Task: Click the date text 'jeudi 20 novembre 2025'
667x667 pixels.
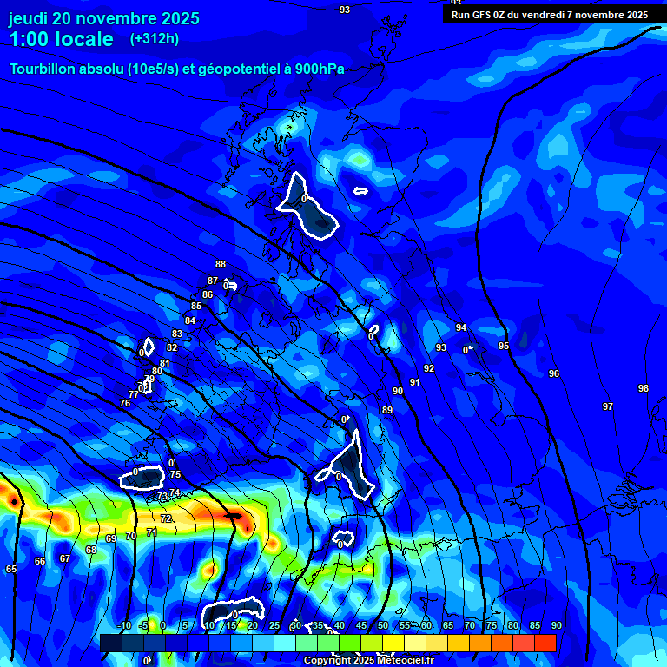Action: [103, 18]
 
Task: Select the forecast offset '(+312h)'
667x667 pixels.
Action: [155, 39]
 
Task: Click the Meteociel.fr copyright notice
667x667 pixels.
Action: [369, 661]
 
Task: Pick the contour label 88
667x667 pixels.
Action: [221, 265]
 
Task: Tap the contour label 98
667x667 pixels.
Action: [643, 388]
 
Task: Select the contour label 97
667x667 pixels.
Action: [608, 406]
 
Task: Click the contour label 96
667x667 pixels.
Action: [554, 373]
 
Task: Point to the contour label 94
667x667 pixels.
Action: [461, 327]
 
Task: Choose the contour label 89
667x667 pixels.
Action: [387, 410]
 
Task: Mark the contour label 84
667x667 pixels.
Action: [190, 320]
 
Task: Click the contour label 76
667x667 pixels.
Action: [125, 403]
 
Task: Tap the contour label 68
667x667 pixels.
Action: [91, 550]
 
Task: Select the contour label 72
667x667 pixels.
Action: [166, 518]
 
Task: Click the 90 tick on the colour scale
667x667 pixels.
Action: [556, 625]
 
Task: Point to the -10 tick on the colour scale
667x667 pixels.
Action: [124, 625]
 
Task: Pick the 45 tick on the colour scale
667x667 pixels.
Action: [361, 625]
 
